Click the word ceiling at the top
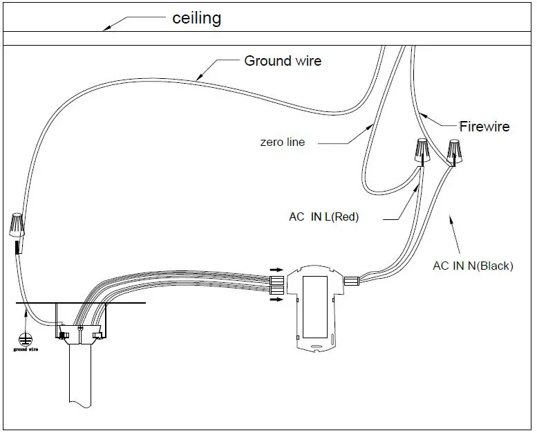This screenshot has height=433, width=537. point(196,17)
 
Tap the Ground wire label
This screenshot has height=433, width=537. point(283,61)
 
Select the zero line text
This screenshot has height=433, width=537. point(282,142)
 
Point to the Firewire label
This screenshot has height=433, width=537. point(484,127)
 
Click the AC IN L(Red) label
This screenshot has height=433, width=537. point(323,217)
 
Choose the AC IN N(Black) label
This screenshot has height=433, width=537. point(473,265)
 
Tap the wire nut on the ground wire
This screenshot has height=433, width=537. point(18,226)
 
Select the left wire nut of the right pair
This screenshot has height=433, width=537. point(421,150)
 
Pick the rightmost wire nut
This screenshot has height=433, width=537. point(455,151)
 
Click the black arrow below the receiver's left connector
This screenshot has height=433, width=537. point(275,300)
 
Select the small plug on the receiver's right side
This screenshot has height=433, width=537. point(352,281)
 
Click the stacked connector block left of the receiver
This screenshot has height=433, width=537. point(276,284)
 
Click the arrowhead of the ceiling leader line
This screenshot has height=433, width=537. point(106,28)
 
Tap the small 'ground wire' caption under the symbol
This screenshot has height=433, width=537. point(26,350)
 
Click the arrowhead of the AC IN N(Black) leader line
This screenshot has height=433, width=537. point(451,218)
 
